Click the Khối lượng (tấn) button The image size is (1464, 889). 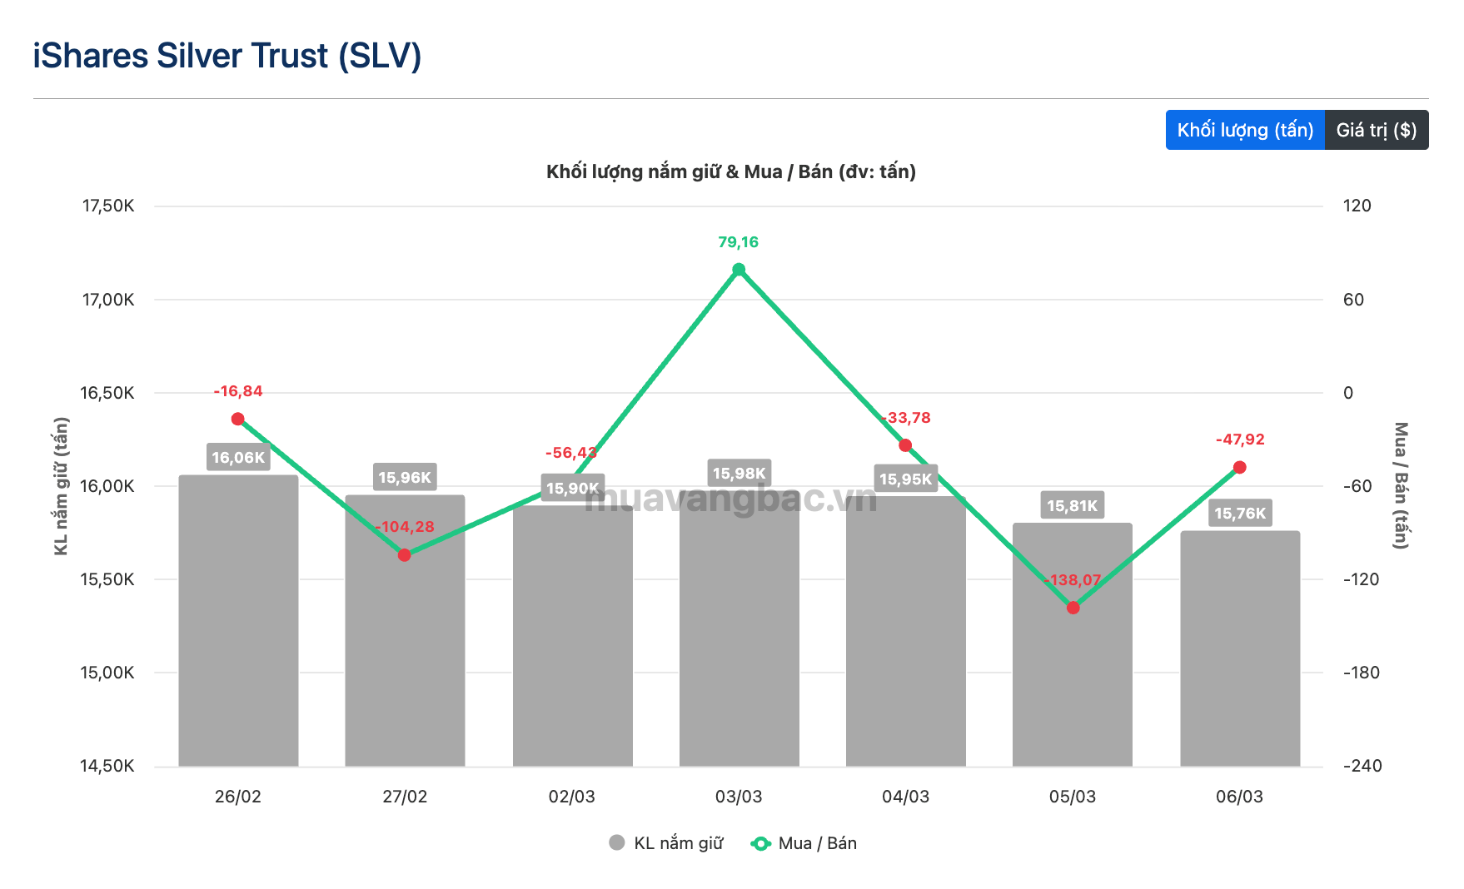tap(1244, 130)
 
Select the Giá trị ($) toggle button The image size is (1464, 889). tap(1376, 130)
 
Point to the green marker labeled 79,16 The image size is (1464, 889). tap(739, 270)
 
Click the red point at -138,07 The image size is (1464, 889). tap(1073, 608)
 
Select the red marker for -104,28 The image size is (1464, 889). tap(405, 555)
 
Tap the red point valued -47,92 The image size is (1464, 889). tap(1239, 468)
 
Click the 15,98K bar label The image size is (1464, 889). tap(739, 474)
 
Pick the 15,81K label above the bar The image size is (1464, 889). tap(1073, 505)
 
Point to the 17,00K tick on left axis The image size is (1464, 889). tap(107, 300)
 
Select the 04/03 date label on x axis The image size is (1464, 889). tap(905, 797)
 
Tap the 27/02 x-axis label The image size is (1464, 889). tap(405, 797)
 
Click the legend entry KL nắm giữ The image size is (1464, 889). tap(667, 843)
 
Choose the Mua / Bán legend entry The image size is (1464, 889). tap(804, 843)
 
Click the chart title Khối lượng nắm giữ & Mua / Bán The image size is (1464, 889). tap(730, 171)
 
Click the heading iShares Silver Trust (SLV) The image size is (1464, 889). tap(227, 56)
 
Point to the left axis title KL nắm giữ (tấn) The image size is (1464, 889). tap(61, 486)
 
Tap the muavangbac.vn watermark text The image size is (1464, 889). tap(730, 499)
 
